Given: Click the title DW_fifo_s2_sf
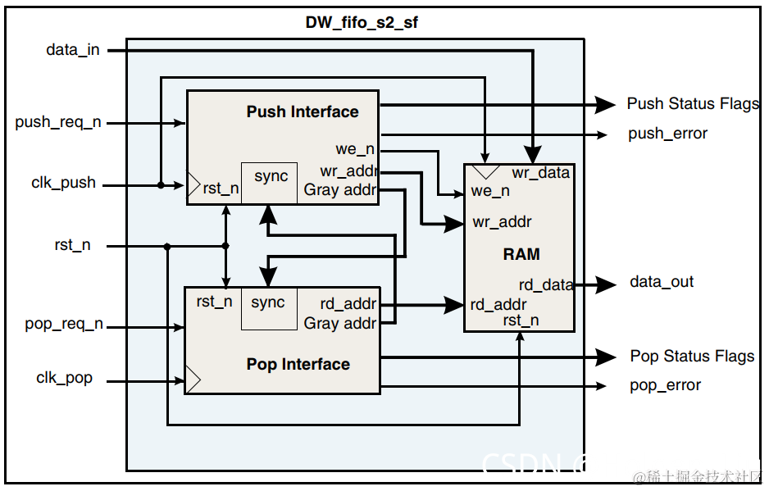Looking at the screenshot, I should tap(362, 22).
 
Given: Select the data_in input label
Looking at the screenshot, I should tap(73, 50).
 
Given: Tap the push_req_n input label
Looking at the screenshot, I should tap(58, 123).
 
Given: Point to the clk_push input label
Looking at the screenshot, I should tap(64, 184).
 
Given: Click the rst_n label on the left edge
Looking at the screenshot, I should tap(72, 245).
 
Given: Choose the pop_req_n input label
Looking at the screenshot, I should tap(64, 325).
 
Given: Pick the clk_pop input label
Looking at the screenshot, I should tap(65, 379).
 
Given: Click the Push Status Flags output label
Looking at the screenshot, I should tap(693, 104).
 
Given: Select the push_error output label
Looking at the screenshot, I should tap(667, 134).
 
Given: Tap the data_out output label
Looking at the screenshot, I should tap(662, 282).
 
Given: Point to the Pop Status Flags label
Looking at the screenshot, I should tap(692, 357).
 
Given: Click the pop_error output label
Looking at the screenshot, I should tap(665, 385).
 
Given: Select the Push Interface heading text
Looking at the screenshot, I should tap(303, 112).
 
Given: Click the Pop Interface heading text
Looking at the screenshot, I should tap(298, 365).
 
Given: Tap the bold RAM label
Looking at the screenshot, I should tap(521, 254).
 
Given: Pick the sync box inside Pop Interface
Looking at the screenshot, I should tap(268, 308).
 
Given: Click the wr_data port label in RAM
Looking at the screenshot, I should tap(540, 173).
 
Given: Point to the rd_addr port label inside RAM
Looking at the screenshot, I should tap(500, 305).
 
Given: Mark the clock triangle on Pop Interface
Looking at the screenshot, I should tap(192, 380).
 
